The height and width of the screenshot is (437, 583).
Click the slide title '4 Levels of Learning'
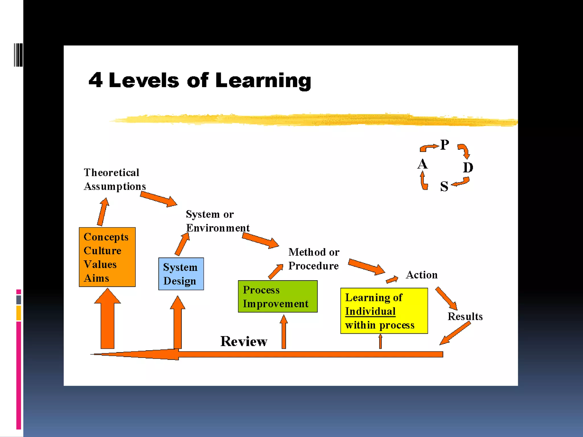tap(200, 81)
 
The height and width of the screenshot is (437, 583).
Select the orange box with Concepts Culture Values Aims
tap(107, 257)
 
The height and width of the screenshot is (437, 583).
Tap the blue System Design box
tap(181, 274)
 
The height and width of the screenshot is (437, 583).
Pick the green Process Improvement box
tap(278, 296)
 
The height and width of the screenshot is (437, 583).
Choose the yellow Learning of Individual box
tap(384, 311)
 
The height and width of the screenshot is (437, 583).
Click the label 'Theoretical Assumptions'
tap(114, 179)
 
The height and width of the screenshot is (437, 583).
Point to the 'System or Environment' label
tap(217, 221)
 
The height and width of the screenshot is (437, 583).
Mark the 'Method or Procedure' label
tap(314, 259)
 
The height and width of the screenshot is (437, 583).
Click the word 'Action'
tap(422, 275)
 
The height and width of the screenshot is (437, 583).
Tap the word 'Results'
tap(465, 316)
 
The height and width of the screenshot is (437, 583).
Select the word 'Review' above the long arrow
tap(244, 341)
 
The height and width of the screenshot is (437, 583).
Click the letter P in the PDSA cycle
tap(444, 145)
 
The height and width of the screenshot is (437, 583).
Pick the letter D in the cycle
tap(468, 168)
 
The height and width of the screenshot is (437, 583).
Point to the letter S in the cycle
tap(444, 186)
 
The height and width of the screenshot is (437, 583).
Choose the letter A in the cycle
tap(422, 164)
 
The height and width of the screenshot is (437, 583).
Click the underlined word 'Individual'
tap(370, 311)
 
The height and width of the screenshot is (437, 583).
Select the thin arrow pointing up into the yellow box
tap(380, 341)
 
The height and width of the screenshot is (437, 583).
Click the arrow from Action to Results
tap(446, 298)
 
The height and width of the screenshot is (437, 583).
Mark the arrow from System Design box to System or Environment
tap(182, 244)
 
